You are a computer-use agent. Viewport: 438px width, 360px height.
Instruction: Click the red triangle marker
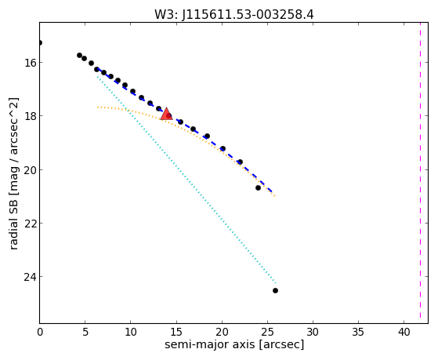[x=166, y=114]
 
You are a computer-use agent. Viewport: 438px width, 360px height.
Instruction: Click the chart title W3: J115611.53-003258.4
[x=234, y=14]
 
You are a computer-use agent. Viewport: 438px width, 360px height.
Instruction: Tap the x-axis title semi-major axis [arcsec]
[x=234, y=344]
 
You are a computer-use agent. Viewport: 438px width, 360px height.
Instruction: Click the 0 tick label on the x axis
[x=40, y=332]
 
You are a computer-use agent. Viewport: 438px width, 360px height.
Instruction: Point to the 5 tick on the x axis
[x=85, y=332]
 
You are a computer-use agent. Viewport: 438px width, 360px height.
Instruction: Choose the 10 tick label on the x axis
[x=131, y=332]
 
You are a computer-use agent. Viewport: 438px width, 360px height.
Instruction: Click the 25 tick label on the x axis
[x=267, y=332]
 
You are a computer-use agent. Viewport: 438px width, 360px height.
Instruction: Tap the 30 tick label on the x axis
[x=313, y=332]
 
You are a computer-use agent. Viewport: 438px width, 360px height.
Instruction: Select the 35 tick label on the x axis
[x=358, y=332]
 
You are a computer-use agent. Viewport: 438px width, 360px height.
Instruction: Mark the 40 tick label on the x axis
[x=404, y=332]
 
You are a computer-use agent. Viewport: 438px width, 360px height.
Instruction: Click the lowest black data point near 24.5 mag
[x=275, y=291]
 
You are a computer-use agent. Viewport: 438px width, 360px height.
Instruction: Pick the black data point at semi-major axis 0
[x=40, y=43]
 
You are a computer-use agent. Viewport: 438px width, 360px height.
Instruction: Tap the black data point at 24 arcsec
[x=258, y=187]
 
